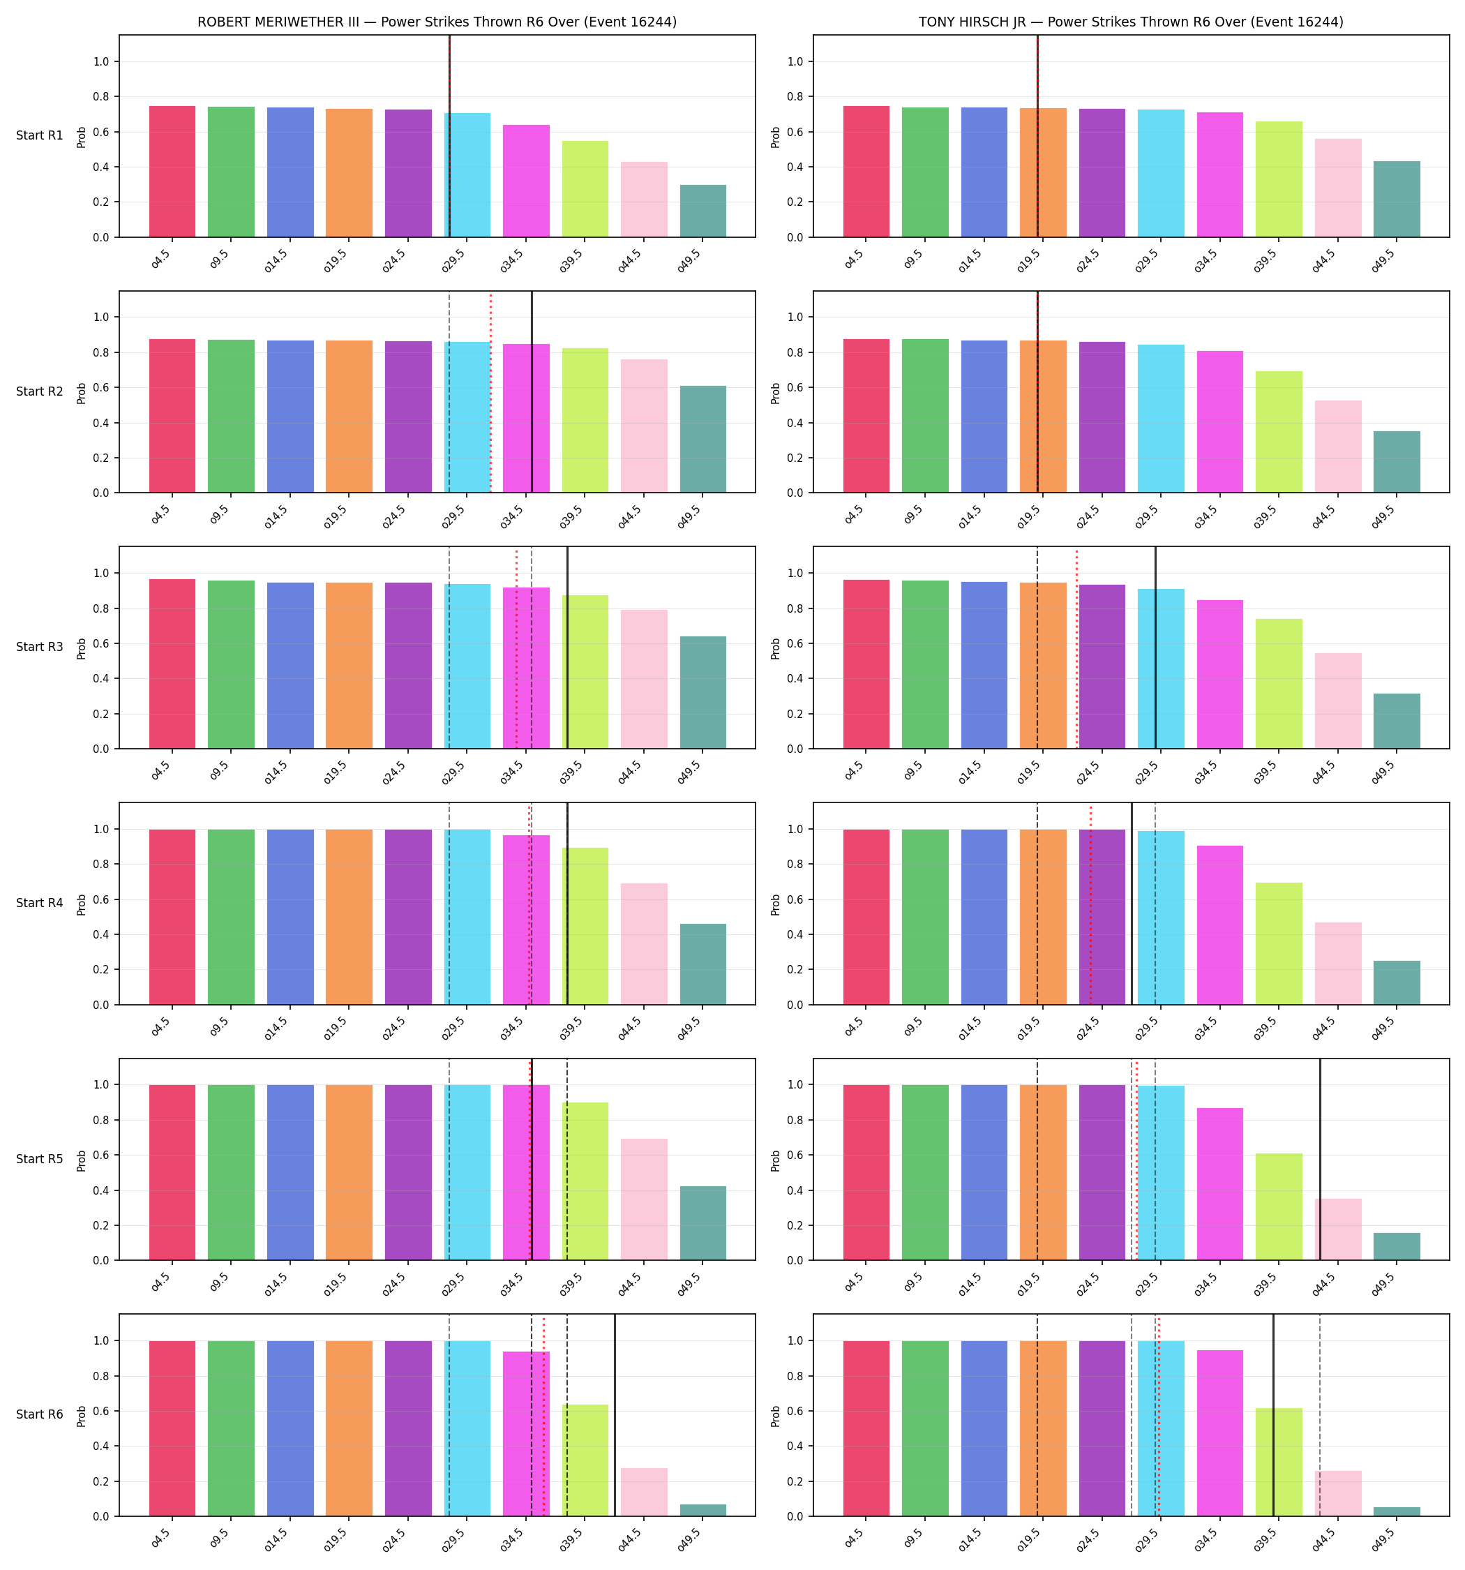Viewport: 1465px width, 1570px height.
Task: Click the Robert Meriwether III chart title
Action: (x=437, y=22)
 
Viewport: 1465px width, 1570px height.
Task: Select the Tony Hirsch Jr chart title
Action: (x=1131, y=22)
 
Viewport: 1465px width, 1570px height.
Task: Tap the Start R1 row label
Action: (x=40, y=136)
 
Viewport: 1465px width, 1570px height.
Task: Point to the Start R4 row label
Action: (x=40, y=904)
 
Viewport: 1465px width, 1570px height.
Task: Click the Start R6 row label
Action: (x=40, y=1414)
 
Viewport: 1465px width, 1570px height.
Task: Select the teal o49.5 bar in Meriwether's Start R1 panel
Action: (x=703, y=211)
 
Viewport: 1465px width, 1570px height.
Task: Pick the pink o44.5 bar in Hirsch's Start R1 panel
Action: (x=1338, y=188)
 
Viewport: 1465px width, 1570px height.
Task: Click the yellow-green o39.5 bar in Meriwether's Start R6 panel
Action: (x=585, y=1460)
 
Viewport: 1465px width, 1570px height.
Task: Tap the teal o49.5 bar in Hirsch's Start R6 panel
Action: (x=1397, y=1511)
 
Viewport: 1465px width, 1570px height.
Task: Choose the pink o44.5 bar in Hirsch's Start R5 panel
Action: (x=1338, y=1229)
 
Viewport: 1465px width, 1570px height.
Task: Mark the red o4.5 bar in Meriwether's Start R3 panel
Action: (x=172, y=664)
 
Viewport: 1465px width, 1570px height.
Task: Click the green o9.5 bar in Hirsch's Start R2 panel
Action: (x=925, y=416)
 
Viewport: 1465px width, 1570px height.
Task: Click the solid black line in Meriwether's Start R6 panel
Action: (x=615, y=1415)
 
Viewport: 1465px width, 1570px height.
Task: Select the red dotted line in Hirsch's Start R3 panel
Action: (x=1076, y=649)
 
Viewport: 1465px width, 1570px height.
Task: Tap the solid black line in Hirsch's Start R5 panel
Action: (x=1320, y=1159)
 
